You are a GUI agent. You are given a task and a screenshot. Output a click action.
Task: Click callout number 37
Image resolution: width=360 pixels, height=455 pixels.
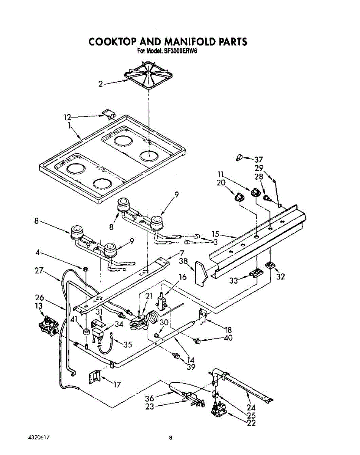click(258, 160)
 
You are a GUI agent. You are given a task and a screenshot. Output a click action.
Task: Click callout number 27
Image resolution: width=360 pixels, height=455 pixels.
click(39, 271)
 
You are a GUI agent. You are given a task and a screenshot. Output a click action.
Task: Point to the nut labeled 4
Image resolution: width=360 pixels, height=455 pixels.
click(86, 269)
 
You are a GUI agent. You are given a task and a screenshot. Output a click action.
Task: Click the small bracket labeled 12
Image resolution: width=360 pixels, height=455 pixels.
click(109, 114)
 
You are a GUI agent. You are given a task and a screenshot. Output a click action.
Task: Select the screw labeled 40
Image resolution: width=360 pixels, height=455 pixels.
click(197, 341)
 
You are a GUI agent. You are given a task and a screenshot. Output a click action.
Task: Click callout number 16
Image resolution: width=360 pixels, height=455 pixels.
click(183, 277)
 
